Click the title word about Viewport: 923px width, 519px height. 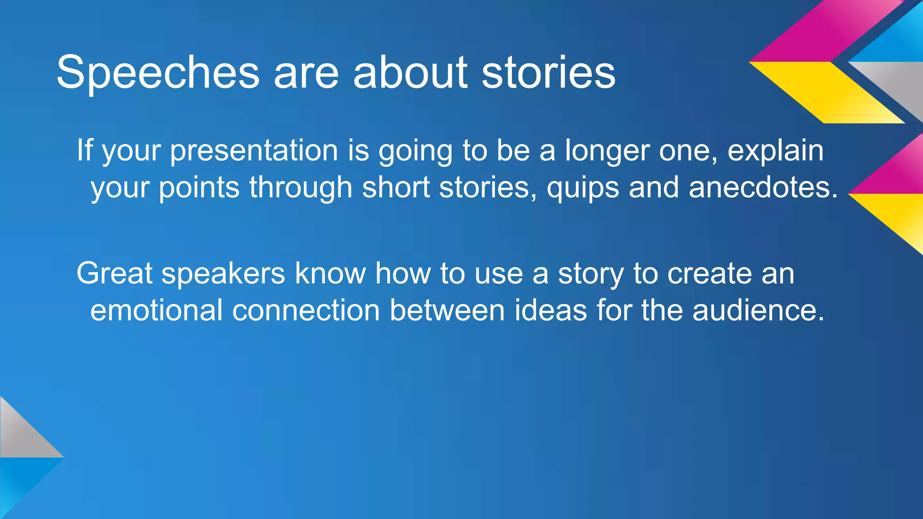click(x=410, y=72)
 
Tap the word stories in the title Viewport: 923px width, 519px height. click(x=548, y=72)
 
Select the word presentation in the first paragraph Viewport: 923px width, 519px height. click(x=254, y=151)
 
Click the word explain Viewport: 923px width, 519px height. click(x=775, y=151)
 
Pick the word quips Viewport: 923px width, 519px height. click(x=583, y=188)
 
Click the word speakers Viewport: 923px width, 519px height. click(x=223, y=274)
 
